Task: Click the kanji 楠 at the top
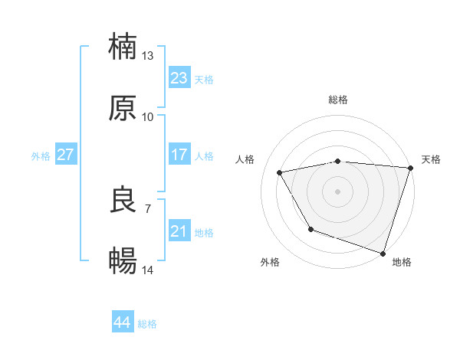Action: (x=123, y=47)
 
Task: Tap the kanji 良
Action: (x=123, y=200)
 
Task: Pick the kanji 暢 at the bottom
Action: (x=123, y=261)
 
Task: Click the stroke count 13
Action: (x=148, y=56)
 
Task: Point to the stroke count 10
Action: (x=148, y=116)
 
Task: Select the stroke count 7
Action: (x=148, y=208)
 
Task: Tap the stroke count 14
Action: (x=148, y=270)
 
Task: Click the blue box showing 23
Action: (x=179, y=78)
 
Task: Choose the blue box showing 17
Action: (x=179, y=155)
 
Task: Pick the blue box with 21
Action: (x=179, y=231)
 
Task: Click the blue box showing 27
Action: (x=65, y=155)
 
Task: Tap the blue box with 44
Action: (x=122, y=322)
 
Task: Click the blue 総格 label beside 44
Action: (x=147, y=324)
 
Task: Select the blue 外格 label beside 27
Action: (x=41, y=156)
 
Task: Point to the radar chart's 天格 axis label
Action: (x=431, y=159)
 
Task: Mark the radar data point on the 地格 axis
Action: (x=383, y=253)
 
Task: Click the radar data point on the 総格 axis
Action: (x=337, y=161)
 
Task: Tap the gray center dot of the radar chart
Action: (x=337, y=191)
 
